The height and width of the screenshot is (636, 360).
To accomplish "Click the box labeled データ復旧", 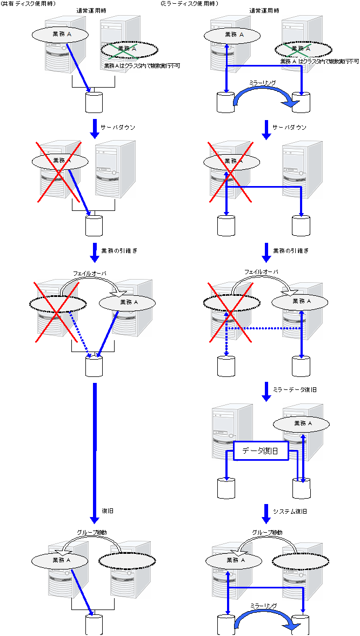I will click(x=261, y=451).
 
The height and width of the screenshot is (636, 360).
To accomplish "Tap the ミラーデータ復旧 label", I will click(x=295, y=389).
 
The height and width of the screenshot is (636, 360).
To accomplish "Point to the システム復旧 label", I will click(x=290, y=511).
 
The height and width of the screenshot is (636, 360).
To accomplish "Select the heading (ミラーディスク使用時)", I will click(x=189, y=4).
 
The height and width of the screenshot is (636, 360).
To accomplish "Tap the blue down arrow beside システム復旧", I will click(x=266, y=513).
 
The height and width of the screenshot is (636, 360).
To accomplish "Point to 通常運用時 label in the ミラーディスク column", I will click(x=265, y=11).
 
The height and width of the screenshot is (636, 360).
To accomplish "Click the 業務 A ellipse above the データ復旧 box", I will click(x=302, y=423).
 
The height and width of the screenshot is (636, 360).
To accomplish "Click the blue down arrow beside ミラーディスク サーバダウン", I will click(x=266, y=129).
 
